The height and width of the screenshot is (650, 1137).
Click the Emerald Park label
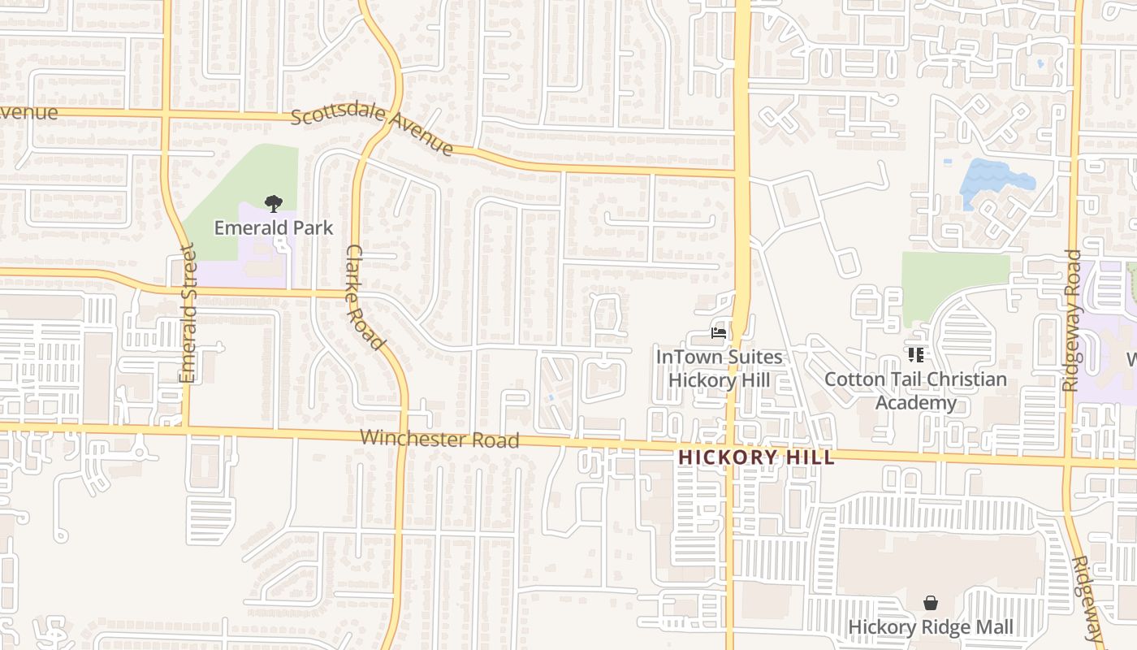pyautogui.click(x=274, y=227)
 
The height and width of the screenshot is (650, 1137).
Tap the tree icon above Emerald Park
pyautogui.click(x=274, y=204)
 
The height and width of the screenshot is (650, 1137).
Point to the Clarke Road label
pyautogui.click(x=365, y=297)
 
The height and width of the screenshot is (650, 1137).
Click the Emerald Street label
pyautogui.click(x=188, y=314)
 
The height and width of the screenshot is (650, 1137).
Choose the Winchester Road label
pyautogui.click(x=439, y=439)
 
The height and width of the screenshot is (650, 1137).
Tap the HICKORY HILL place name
pyautogui.click(x=756, y=457)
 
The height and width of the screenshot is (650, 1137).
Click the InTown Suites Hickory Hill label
pyautogui.click(x=719, y=368)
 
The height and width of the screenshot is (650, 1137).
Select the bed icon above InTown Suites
pyautogui.click(x=718, y=332)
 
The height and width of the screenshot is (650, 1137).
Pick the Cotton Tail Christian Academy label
pyautogui.click(x=915, y=391)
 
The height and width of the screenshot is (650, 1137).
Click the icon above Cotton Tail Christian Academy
pyautogui.click(x=916, y=355)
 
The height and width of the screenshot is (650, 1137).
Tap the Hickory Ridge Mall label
pyautogui.click(x=931, y=627)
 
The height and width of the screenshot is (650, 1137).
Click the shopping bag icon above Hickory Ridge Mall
pyautogui.click(x=931, y=603)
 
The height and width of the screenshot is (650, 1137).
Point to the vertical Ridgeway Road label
pyautogui.click(x=1072, y=321)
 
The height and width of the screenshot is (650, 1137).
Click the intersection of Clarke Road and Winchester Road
pyautogui.click(x=403, y=436)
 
